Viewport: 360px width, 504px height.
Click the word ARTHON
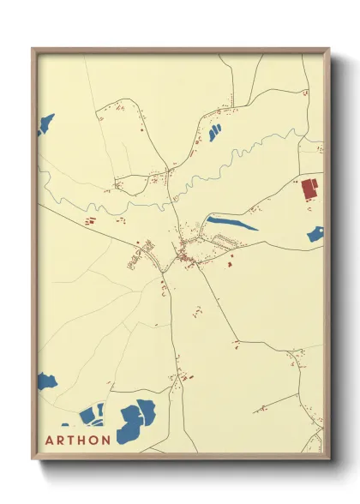click(x=78, y=441)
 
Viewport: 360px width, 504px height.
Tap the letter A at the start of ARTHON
click(x=50, y=441)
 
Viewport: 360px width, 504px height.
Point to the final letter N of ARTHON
click(x=105, y=441)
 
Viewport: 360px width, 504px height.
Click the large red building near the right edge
click(x=309, y=189)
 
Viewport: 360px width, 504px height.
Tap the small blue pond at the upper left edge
click(x=45, y=125)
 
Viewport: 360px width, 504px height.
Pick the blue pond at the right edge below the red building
click(x=315, y=232)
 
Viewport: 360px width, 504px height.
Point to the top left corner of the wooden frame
click(x=33, y=49)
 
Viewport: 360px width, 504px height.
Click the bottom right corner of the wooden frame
click(x=328, y=459)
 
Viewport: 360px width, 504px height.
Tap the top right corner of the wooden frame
click(x=328, y=49)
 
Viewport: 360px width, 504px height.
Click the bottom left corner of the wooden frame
click(x=33, y=459)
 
